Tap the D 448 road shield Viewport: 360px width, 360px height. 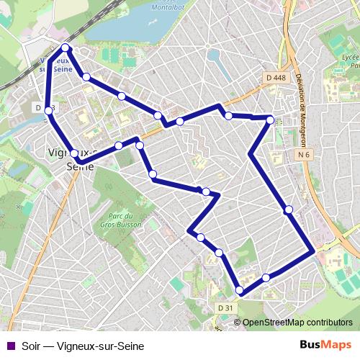tap(275, 78)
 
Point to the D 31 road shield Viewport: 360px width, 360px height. tap(225, 308)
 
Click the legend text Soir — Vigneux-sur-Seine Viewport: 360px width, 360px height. tap(83, 346)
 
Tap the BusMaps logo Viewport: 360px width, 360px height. tap(325, 346)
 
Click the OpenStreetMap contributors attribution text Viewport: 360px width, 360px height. tap(297, 323)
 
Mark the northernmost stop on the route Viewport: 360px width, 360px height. tap(66, 48)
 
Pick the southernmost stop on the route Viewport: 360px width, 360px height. tap(240, 290)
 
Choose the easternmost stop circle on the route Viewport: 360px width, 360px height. tap(289, 210)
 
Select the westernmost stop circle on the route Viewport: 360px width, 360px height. tap(48, 110)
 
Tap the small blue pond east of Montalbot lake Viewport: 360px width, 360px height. tap(214, 55)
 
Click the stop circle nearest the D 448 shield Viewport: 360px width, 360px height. tap(271, 120)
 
